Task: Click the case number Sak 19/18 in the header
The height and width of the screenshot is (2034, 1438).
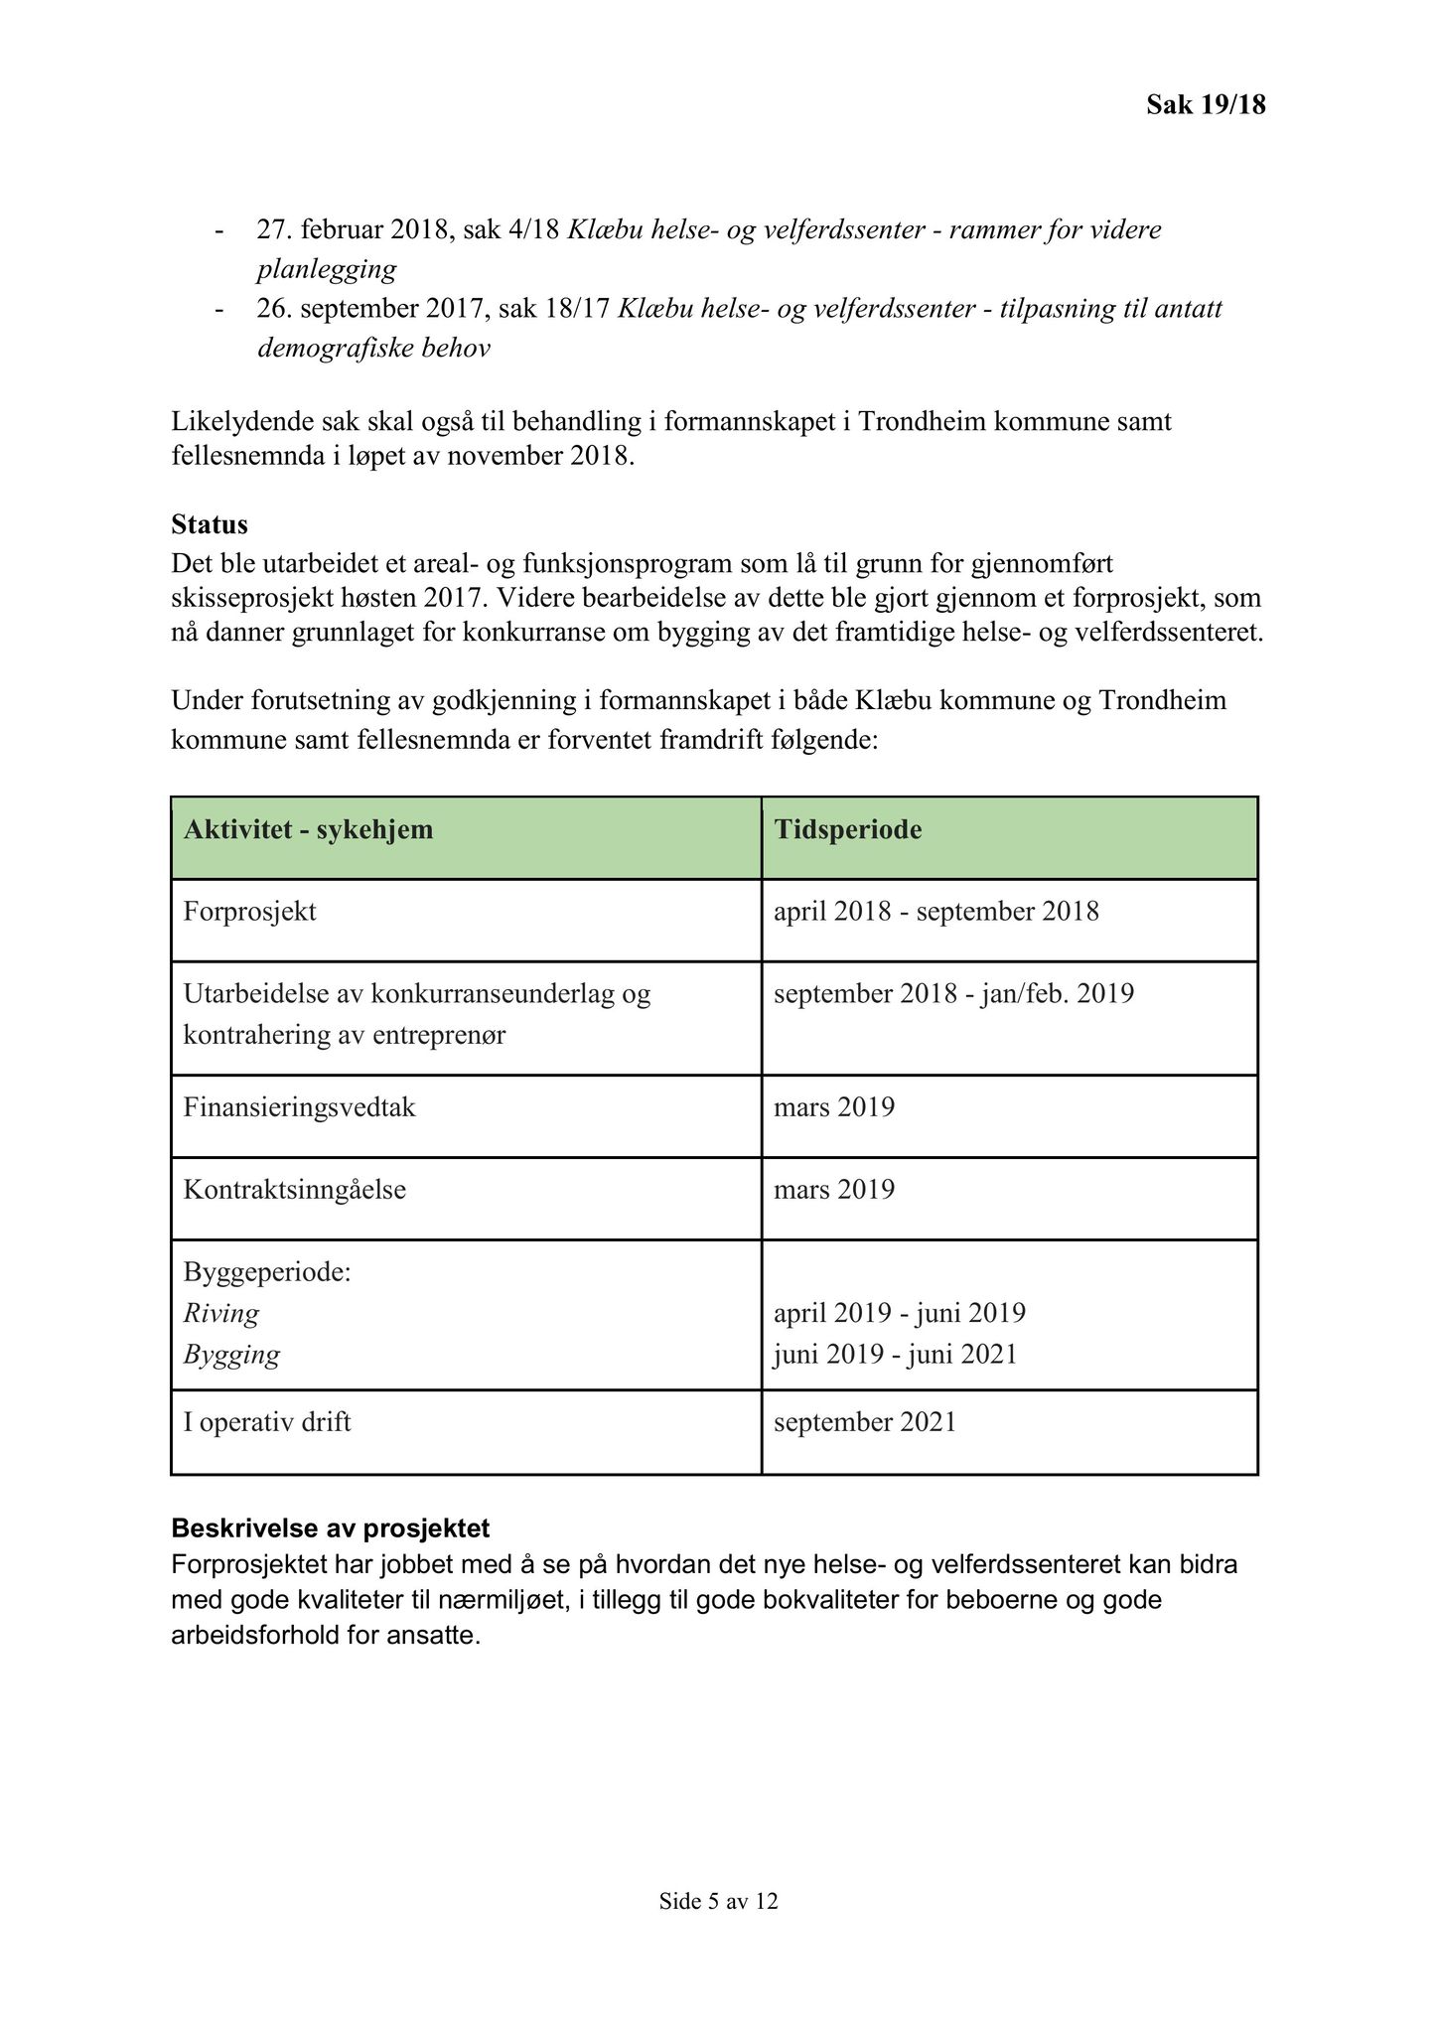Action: (x=1206, y=104)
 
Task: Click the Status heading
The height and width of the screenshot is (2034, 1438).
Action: (x=210, y=523)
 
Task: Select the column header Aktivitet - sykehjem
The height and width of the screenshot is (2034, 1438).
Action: (x=308, y=829)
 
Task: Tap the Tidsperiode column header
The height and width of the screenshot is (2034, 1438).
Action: (x=847, y=829)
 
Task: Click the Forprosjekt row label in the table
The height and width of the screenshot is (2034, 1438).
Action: (x=249, y=911)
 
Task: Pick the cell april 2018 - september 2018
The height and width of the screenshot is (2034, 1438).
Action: (x=935, y=911)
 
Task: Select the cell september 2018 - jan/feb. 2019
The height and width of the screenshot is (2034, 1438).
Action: (x=953, y=993)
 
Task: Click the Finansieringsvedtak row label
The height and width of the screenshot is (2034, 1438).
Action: (x=299, y=1106)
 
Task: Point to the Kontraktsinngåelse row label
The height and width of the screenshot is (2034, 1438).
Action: (x=294, y=1189)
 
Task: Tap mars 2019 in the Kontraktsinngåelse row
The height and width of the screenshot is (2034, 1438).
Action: (x=834, y=1189)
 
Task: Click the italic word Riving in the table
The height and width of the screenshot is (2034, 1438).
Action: (x=221, y=1313)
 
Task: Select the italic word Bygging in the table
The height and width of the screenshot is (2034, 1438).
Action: (x=231, y=1355)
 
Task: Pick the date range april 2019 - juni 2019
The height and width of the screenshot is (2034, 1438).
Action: (x=899, y=1313)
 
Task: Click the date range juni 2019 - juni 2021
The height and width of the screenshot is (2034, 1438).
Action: (x=895, y=1355)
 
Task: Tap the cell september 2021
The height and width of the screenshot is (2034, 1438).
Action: (x=864, y=1422)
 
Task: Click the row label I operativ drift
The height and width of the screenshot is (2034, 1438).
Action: (x=267, y=1422)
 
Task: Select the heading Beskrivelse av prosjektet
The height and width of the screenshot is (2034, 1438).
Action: (x=330, y=1527)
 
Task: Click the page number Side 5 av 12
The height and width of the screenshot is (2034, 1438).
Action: (x=718, y=1901)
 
